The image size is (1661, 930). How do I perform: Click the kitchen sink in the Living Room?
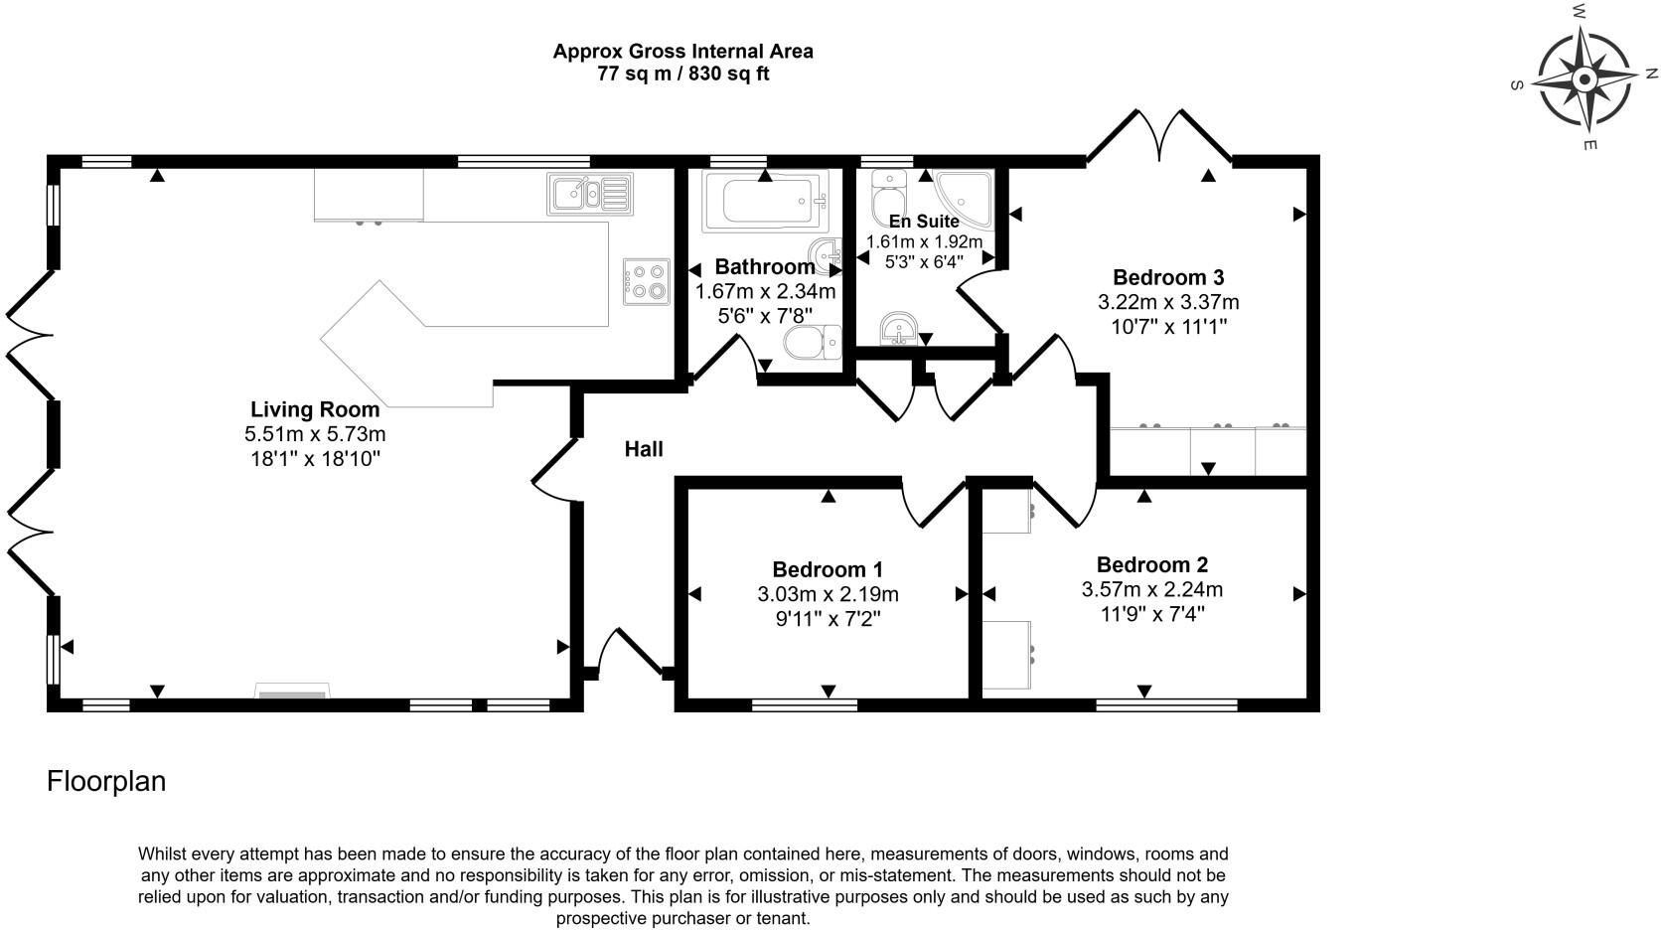589,194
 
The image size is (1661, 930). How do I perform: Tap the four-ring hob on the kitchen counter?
645,280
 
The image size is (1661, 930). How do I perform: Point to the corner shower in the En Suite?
963,195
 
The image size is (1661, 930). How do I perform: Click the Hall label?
644,449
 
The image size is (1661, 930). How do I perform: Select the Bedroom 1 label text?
827,569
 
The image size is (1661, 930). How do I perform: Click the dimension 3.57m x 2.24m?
1151,589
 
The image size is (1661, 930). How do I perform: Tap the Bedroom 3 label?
1167,277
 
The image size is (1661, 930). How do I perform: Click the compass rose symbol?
1585,79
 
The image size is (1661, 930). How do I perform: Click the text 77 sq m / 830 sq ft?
682,74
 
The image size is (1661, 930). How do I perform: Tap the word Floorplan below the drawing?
106,781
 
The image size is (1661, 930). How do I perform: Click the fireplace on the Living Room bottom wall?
292,692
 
